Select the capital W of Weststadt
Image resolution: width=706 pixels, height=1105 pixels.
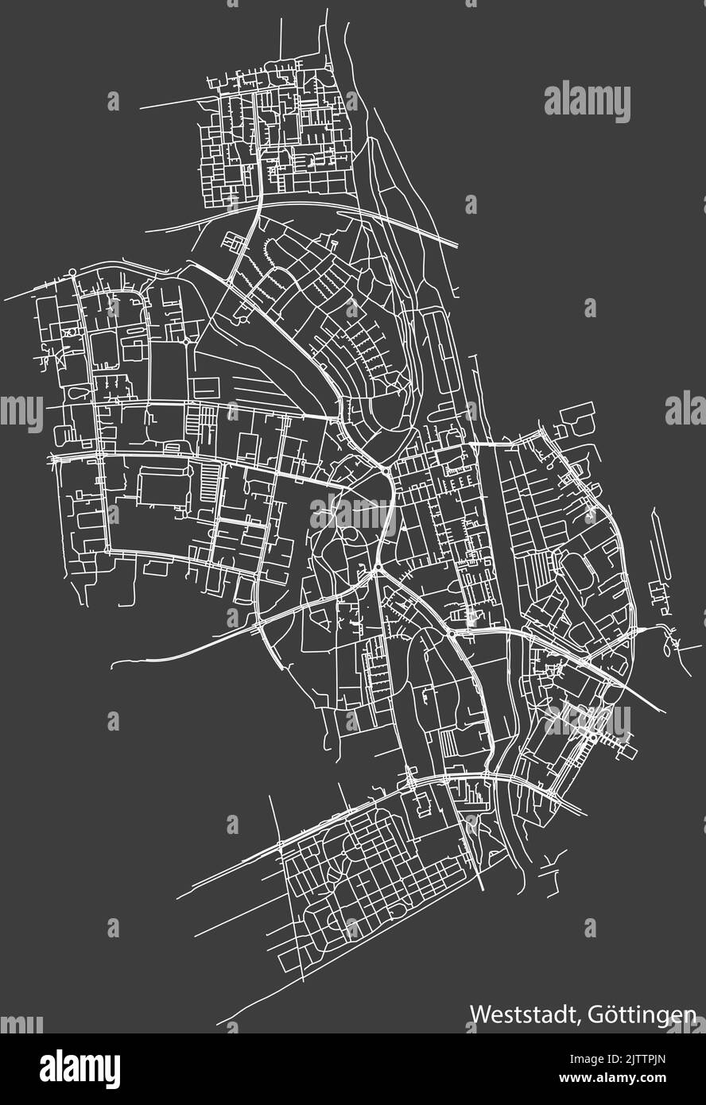click(x=479, y=1014)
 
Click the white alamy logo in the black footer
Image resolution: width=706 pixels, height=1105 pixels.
click(x=80, y=1066)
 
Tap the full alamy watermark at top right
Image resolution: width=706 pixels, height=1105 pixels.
click(x=587, y=103)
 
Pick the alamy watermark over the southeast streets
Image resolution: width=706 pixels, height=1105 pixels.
click(x=587, y=720)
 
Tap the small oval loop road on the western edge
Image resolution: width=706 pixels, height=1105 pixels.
click(x=80, y=393)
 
